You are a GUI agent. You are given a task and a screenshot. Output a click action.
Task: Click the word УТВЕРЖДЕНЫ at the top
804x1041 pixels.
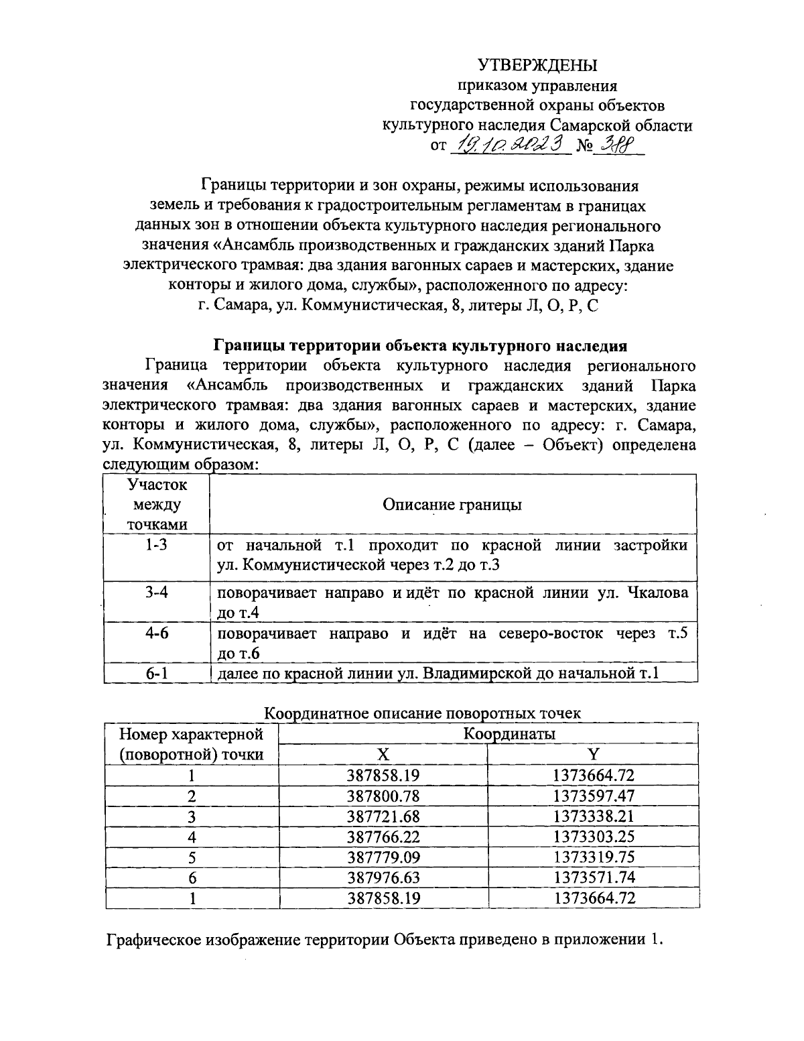tap(537, 65)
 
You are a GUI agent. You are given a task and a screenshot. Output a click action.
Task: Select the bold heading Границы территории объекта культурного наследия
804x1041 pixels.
tap(420, 346)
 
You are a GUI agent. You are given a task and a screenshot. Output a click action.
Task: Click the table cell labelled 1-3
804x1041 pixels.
tap(156, 545)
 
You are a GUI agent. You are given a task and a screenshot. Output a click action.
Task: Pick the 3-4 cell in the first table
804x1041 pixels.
tap(156, 593)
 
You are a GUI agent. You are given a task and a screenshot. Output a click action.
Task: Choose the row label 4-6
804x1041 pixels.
tap(156, 633)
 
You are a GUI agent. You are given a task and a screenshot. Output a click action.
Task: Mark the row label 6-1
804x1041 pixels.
tap(156, 672)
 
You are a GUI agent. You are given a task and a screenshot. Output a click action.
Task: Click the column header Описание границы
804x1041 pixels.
tap(452, 504)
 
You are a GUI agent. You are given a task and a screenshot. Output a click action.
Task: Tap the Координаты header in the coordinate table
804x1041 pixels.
tap(510, 733)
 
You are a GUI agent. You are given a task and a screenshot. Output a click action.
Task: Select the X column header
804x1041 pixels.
tap(383, 754)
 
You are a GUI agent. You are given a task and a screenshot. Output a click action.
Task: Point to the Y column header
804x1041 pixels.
tap(594, 754)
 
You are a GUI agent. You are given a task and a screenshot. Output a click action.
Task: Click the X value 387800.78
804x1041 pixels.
tap(383, 796)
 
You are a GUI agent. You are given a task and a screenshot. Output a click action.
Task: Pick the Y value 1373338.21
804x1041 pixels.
tap(594, 816)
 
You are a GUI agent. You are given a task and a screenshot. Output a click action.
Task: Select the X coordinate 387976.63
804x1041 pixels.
tap(383, 877)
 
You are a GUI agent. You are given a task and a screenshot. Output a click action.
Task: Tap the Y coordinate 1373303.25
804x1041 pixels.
tap(594, 836)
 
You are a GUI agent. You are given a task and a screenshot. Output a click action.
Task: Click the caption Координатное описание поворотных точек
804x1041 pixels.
tap(423, 713)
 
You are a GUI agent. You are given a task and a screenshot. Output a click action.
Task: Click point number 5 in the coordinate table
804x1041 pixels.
tap(192, 857)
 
